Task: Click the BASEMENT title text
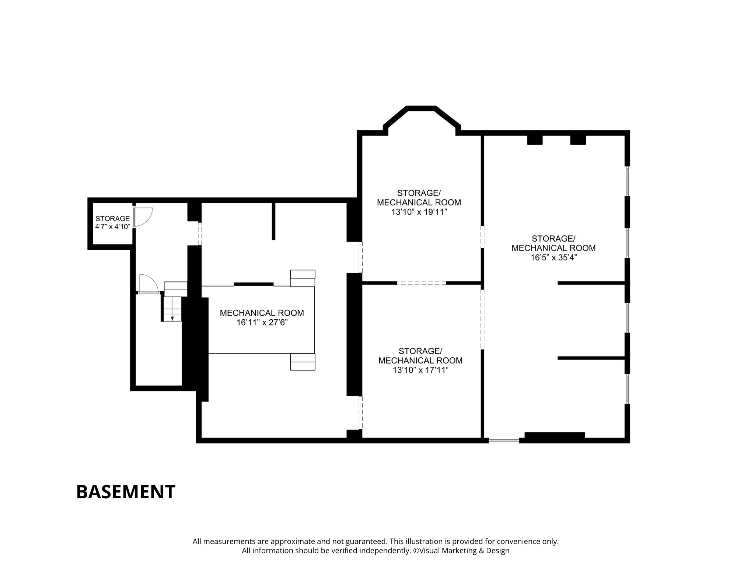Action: (126, 492)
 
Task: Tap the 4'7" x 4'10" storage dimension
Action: (112, 227)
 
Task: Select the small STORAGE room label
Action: (112, 219)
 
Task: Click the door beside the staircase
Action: (149, 284)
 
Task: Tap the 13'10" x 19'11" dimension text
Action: (419, 212)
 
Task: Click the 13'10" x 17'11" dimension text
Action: (420, 370)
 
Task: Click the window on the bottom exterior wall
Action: (504, 440)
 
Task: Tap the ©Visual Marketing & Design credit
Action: (461, 551)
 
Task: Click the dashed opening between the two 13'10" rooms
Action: (422, 283)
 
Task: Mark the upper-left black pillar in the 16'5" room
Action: (535, 140)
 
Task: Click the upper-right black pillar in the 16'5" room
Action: (578, 140)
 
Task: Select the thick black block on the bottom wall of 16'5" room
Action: (555, 435)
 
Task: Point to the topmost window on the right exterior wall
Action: (627, 181)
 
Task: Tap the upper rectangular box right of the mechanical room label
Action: (303, 278)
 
